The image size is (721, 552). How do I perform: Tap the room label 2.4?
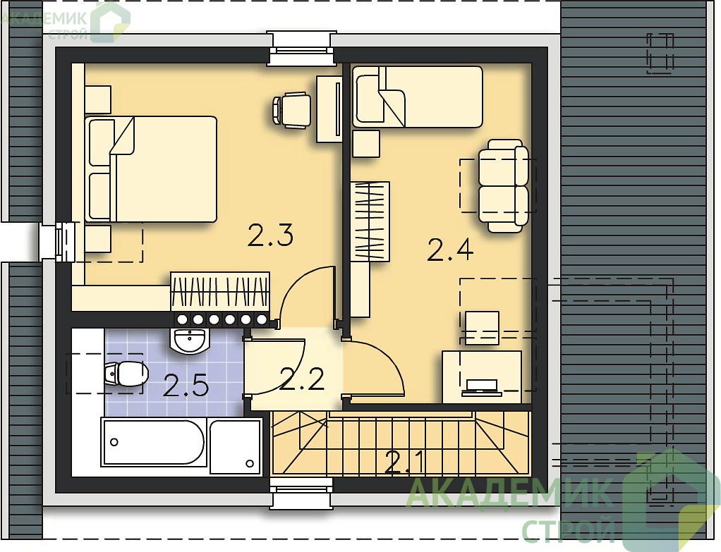coord(450,250)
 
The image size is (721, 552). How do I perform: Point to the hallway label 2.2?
coord(302,380)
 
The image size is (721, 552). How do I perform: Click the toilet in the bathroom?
coord(126,373)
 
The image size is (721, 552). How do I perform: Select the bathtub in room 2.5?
coord(154,442)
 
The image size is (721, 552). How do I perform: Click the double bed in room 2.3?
coord(150,169)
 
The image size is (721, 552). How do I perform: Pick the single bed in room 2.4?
coord(418,97)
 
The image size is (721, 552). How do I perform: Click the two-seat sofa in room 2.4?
coord(503,185)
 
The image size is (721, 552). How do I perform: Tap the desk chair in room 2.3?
coord(291,110)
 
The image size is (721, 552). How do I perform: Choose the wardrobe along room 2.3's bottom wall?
coord(220,291)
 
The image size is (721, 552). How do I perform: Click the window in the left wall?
coord(57,243)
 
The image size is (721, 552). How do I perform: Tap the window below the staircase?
coord(301,493)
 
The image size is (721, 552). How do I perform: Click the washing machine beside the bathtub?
coord(235,446)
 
